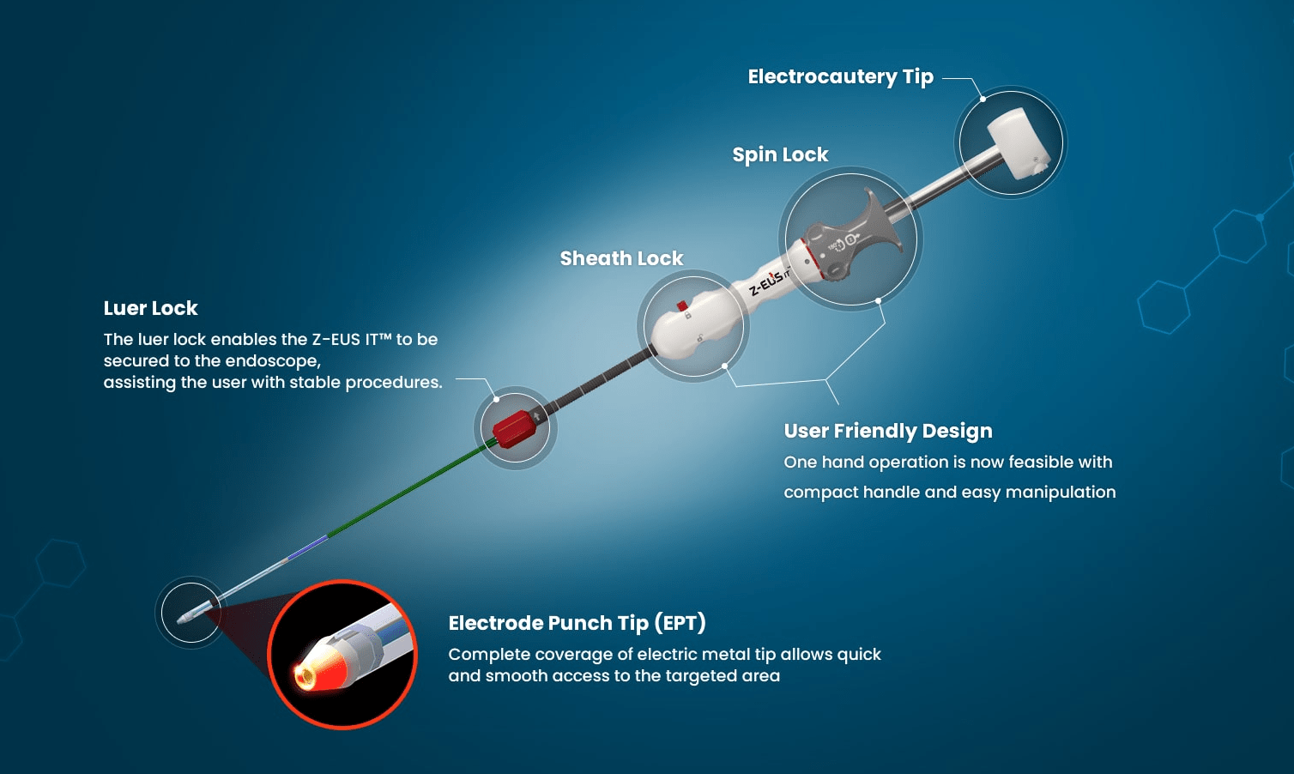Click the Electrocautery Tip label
pyautogui.click(x=841, y=77)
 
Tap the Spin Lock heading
pyautogui.click(x=780, y=154)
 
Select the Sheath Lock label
pyautogui.click(x=621, y=258)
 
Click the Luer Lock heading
pyautogui.click(x=150, y=308)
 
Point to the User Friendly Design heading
pyautogui.click(x=888, y=431)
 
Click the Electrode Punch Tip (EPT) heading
pyautogui.click(x=577, y=623)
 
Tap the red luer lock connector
pyautogui.click(x=513, y=428)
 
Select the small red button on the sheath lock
pyautogui.click(x=682, y=305)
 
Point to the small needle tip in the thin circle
pyautogui.click(x=184, y=618)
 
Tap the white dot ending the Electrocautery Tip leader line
pyautogui.click(x=983, y=99)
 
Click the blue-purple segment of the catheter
pyautogui.click(x=307, y=547)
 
